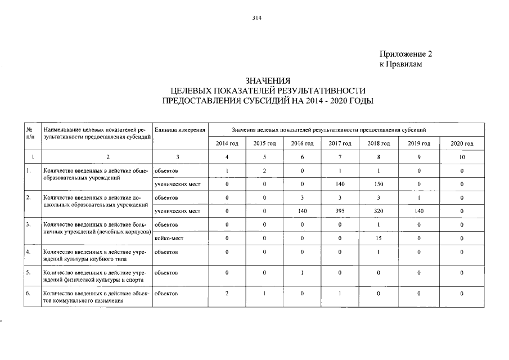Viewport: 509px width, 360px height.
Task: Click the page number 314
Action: point(257,17)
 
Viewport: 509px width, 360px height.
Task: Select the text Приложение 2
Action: point(406,55)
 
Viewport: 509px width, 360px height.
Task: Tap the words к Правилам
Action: point(400,65)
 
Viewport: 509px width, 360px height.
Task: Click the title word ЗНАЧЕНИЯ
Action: point(268,80)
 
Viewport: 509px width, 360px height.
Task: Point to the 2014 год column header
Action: point(227,144)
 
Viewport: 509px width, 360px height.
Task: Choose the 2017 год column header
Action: point(340,144)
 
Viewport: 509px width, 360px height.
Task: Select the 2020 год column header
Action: point(462,144)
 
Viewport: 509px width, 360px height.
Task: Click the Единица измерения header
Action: point(178,130)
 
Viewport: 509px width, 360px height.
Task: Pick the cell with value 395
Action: point(340,211)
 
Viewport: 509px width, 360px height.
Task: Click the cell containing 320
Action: point(378,211)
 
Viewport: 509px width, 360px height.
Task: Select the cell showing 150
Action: point(378,184)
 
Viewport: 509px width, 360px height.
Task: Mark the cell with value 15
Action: point(378,238)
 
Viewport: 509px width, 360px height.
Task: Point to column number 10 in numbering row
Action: point(462,157)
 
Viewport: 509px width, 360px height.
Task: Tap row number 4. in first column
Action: point(29,252)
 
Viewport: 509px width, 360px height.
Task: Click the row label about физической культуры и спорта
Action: point(94,276)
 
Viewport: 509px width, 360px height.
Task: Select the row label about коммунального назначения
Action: point(94,297)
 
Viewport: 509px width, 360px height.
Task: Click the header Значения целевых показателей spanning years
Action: point(325,130)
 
